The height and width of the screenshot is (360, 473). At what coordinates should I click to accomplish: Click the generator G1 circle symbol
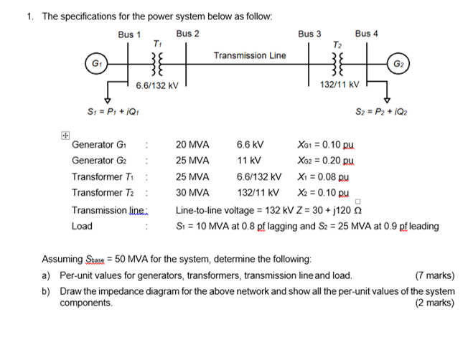(94, 64)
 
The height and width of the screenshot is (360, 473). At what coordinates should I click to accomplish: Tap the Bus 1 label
(130, 34)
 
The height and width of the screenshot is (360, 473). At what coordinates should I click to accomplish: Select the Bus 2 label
(187, 34)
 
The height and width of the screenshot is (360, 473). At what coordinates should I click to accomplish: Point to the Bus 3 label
(310, 34)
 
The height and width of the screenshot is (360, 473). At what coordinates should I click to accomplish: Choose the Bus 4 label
(366, 34)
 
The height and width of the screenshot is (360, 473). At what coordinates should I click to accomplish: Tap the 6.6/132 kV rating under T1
(156, 85)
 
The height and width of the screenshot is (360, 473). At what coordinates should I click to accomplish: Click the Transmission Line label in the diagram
(249, 55)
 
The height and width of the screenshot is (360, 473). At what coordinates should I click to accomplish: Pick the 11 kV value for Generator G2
(248, 161)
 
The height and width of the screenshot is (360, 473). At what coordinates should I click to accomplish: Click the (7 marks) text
(435, 275)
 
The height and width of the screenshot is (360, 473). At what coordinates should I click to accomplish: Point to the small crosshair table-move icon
(65, 134)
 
